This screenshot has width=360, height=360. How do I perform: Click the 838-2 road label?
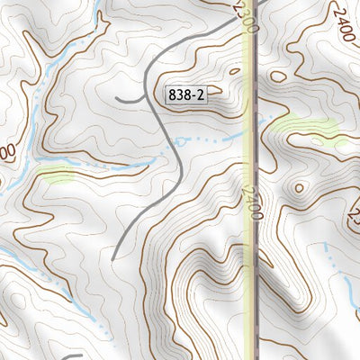pyautogui.click(x=187, y=94)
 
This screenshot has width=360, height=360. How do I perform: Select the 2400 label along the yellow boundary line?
pyautogui.click(x=253, y=203)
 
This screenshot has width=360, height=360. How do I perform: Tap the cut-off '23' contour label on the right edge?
pyautogui.click(x=354, y=216)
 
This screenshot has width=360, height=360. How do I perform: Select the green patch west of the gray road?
pyautogui.click(x=56, y=175)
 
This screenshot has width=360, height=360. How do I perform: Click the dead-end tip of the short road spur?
pyautogui.click(x=117, y=97)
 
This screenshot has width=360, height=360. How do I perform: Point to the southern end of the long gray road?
pyautogui.click(x=112, y=258)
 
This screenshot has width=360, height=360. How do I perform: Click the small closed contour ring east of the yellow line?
pyautogui.click(x=297, y=188)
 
